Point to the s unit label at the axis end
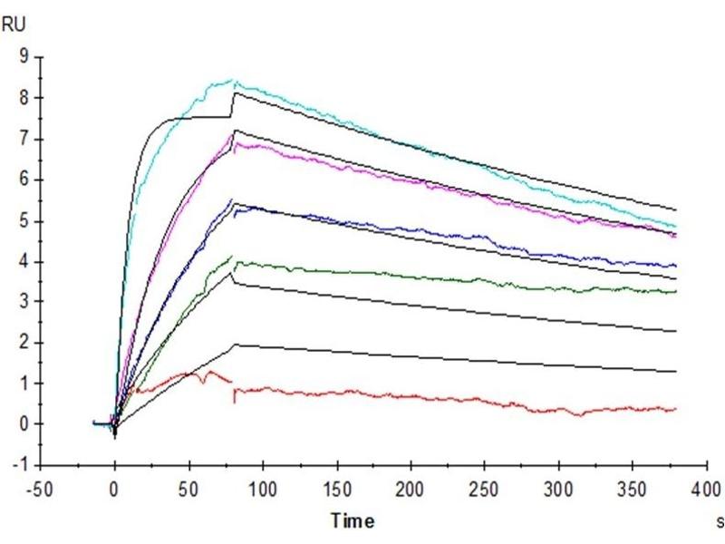click(x=720, y=522)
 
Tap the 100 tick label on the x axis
click(x=262, y=490)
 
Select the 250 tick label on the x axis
click(x=484, y=490)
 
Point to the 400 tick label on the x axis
click(x=706, y=490)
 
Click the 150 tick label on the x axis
click(x=336, y=490)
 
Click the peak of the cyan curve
click(x=233, y=80)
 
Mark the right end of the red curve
click(x=676, y=409)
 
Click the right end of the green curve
click(x=676, y=291)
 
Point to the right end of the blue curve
click(x=676, y=266)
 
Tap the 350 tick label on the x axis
click(x=632, y=490)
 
